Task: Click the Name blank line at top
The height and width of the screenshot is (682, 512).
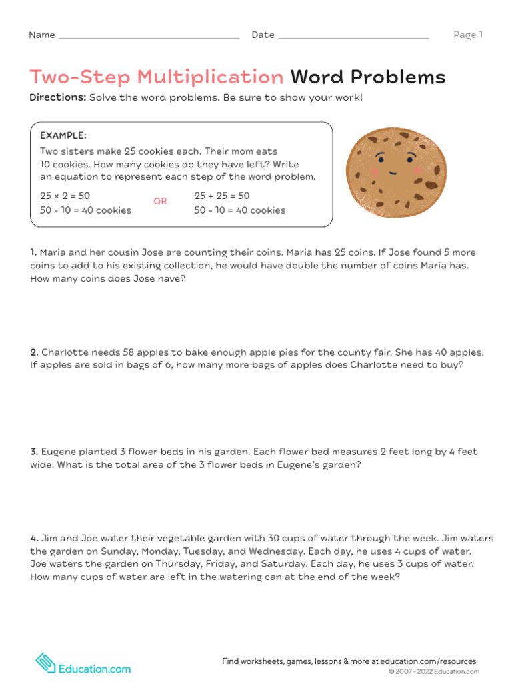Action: coord(149,38)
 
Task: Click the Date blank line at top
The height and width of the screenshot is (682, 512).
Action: coord(353,38)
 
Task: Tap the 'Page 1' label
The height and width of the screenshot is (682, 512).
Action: coord(468,35)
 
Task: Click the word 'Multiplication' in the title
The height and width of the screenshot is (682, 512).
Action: coord(210,77)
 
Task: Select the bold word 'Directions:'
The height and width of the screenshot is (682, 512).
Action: coord(57,97)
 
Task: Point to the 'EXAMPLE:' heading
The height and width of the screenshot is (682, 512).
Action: coord(63,135)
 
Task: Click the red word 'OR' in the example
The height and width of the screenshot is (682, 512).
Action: coord(160,201)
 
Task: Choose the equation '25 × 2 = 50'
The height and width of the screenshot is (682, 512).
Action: coord(65,196)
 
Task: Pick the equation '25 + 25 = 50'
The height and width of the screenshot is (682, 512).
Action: coord(222,196)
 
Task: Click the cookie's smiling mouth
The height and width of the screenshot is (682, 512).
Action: coord(393,172)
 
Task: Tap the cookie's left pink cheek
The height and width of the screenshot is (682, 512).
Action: coord(374,171)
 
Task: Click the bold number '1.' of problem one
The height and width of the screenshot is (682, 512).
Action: coord(33,252)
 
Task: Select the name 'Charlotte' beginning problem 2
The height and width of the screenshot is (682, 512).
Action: coord(64,352)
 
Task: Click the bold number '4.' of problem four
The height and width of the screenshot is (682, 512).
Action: coord(34,538)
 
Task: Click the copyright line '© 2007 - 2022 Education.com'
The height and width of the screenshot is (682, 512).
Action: coord(433,672)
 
